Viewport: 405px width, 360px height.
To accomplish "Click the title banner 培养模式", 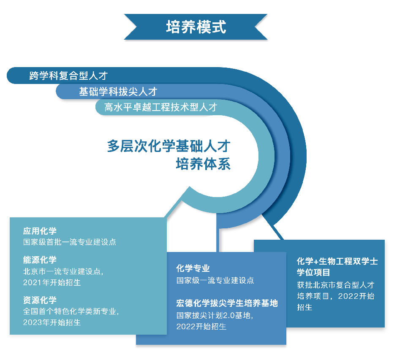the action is click(196, 27).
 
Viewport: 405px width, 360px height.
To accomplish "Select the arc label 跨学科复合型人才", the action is click(68, 76).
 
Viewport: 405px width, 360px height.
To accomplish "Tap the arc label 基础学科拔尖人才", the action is click(118, 92).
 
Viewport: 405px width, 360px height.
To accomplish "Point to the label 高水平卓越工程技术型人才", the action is click(160, 107).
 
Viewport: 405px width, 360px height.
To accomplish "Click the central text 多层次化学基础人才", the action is click(169, 146).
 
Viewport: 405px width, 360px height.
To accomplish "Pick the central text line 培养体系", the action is click(203, 164).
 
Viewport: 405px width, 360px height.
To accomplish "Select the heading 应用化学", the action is click(40, 231).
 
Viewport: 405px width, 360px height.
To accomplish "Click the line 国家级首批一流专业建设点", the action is click(70, 242).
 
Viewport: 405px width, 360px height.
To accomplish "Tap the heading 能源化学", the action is click(40, 260).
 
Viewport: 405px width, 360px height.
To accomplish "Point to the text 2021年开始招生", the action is click(52, 283).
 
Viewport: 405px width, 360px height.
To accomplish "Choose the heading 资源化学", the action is click(40, 300).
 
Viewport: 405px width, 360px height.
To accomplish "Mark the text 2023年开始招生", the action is click(52, 322).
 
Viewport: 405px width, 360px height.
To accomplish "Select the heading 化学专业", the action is click(193, 268).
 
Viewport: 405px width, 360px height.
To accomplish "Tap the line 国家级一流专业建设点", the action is click(215, 281).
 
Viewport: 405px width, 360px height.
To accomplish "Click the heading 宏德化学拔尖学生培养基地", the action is click(227, 303).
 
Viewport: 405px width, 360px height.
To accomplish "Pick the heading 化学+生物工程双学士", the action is click(337, 261).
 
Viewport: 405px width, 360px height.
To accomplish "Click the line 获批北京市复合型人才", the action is click(335, 285).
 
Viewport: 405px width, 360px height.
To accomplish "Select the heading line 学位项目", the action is click(313, 272).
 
